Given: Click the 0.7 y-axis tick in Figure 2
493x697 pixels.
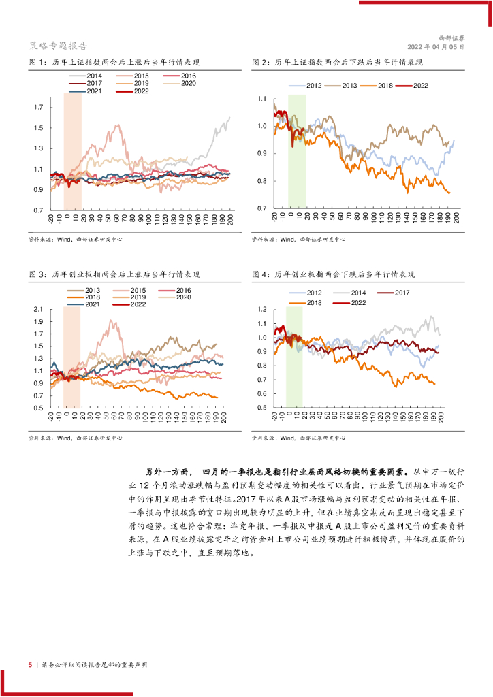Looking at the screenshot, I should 262,208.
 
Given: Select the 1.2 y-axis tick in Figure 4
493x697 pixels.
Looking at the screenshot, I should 262,310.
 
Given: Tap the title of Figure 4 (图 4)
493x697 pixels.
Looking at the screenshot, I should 333,274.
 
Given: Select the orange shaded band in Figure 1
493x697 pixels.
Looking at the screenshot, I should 72,150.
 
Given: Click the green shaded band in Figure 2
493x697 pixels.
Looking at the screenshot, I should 296,150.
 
